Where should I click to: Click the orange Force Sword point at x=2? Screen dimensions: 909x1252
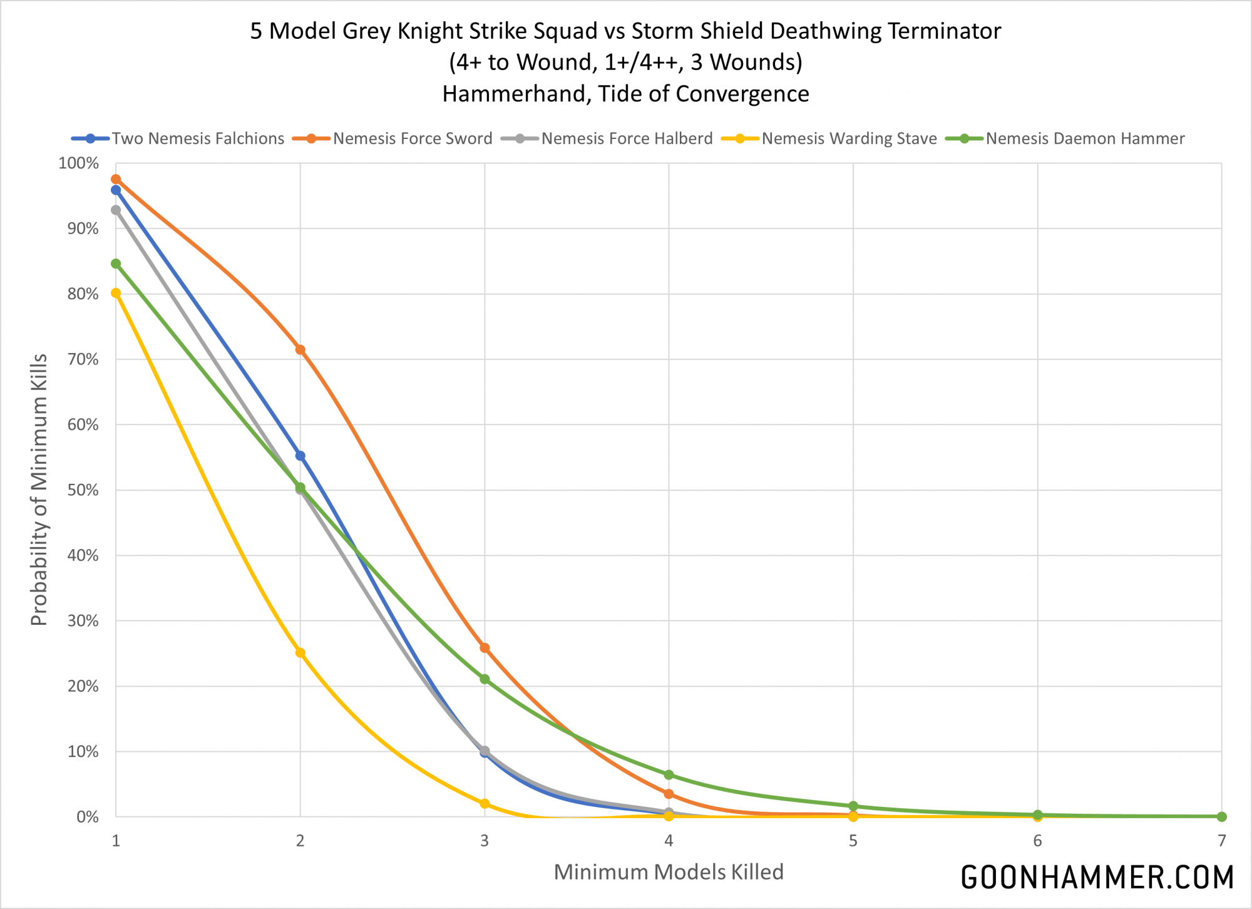coord(300,349)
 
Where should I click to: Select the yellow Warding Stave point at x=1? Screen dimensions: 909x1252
coord(116,293)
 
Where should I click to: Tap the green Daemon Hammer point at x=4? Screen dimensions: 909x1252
coord(669,775)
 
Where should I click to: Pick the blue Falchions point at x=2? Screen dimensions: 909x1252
coord(300,456)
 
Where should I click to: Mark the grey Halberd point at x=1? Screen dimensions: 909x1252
coord(116,210)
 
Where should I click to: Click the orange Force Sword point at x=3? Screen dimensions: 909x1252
coord(485,648)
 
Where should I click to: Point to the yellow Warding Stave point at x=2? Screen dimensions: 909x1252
coord(300,653)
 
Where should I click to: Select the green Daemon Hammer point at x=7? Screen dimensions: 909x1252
coord(1221,816)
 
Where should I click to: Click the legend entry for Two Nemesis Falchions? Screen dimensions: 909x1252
coord(198,138)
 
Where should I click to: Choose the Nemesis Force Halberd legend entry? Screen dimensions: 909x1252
coord(627,138)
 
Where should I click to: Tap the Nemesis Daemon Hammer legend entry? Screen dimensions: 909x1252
coord(1085,138)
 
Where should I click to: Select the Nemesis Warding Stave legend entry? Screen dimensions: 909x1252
coord(849,138)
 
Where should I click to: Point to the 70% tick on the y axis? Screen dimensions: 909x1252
coord(83,359)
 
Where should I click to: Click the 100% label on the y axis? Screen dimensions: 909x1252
coord(79,163)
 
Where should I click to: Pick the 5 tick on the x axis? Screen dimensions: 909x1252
coord(853,841)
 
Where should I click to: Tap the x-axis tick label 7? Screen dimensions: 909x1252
coord(1221,841)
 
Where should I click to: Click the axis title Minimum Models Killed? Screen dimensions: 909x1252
coord(669,872)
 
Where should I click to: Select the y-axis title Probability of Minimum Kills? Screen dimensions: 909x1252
coord(39,490)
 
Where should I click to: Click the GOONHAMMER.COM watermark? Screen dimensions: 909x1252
coord(1097,877)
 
